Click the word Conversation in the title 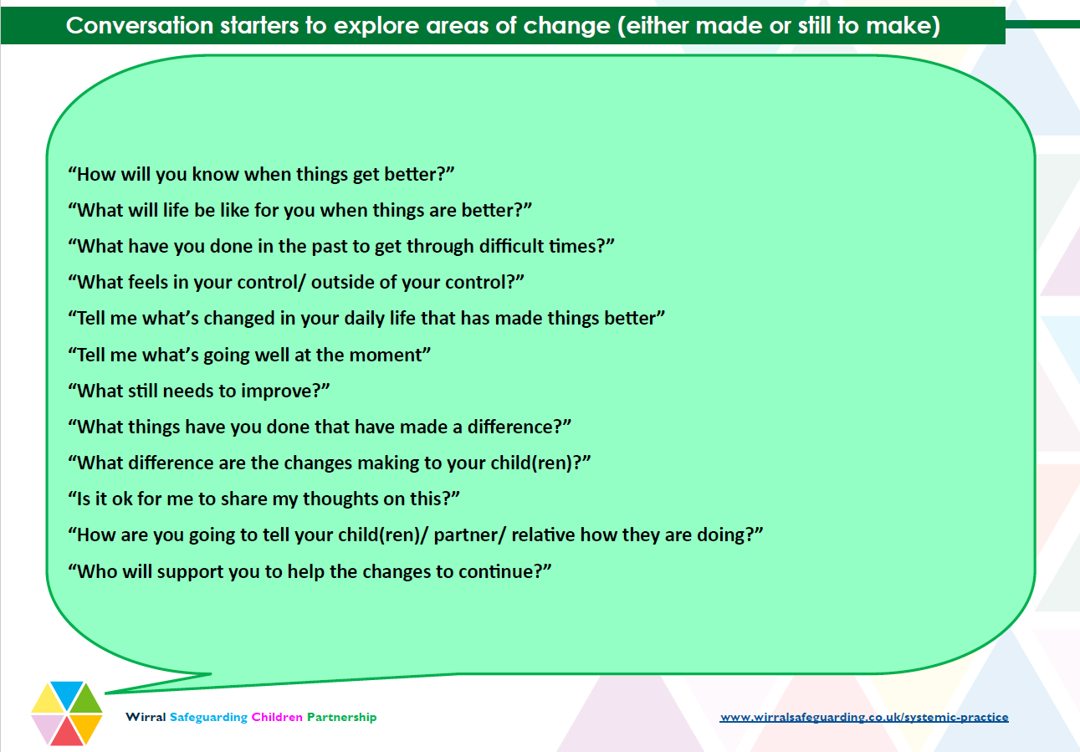(140, 25)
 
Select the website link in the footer (864, 717)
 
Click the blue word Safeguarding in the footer (208, 718)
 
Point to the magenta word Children (277, 717)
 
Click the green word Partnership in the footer (341, 718)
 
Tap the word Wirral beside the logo (146, 717)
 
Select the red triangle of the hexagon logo (67, 731)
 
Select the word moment (385, 355)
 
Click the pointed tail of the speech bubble (106, 693)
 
